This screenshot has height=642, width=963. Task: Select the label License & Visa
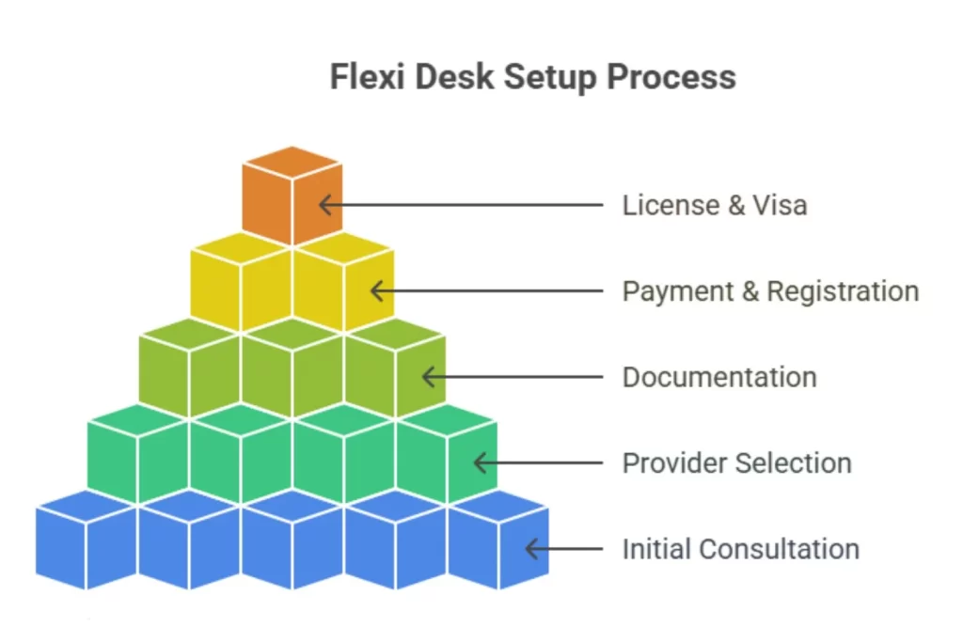714,205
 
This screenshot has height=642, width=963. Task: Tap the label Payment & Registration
770,291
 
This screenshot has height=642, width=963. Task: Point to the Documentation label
719,378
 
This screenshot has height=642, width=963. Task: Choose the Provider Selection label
736,463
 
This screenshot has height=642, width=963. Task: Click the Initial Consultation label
740,549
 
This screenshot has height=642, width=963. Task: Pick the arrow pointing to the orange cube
461,205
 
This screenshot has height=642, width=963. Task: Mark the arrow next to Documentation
512,378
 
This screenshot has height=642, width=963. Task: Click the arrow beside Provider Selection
537,463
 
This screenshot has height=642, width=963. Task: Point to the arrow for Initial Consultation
562,549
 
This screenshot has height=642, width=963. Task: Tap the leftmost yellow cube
240,282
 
